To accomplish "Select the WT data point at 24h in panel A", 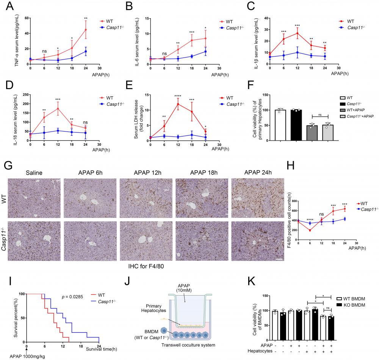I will (x=85, y=30).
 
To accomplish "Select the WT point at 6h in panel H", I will (x=310, y=230).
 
